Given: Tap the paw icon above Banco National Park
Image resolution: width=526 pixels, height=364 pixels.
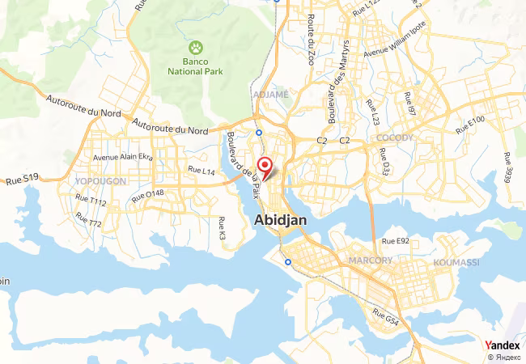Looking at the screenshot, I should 194,48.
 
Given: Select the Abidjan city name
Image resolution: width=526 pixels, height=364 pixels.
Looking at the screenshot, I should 279,219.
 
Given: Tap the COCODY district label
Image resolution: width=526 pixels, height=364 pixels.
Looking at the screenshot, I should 394,138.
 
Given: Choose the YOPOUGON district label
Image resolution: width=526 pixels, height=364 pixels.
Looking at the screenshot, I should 100,181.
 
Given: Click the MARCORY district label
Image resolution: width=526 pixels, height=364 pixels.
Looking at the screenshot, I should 371,260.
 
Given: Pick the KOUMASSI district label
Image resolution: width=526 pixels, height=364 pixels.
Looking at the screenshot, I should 456,263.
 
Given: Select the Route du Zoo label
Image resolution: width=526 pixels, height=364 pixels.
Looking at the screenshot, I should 311,39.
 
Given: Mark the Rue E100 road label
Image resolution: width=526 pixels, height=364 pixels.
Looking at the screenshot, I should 469,125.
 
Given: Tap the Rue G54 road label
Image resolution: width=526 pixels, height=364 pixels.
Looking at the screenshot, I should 386,316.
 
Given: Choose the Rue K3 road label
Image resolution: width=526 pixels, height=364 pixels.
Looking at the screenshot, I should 222,229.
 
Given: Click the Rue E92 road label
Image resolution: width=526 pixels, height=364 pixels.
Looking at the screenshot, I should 396,241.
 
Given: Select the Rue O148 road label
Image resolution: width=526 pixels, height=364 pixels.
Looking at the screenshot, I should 148,194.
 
